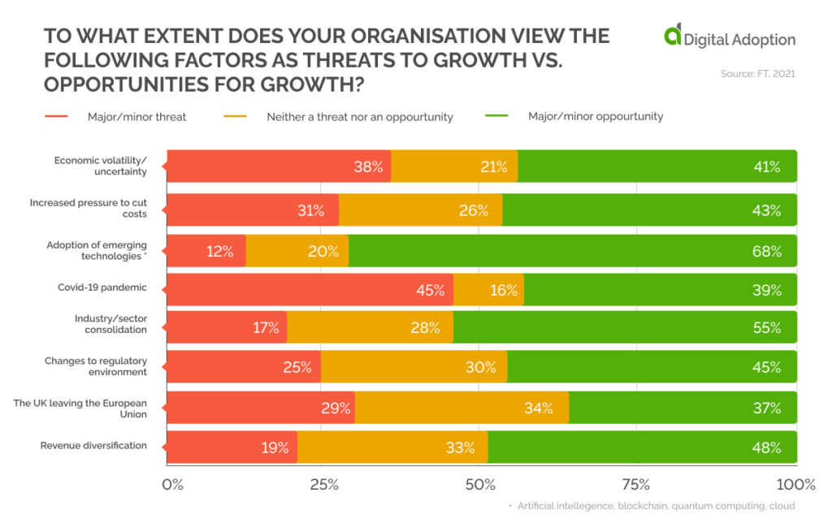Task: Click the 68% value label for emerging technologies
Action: click(767, 251)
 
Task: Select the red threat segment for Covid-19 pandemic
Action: click(309, 290)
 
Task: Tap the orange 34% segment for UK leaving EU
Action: click(461, 408)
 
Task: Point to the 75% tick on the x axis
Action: click(635, 485)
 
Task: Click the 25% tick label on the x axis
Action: click(323, 485)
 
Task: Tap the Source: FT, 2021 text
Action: click(757, 74)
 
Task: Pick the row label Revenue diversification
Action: click(93, 446)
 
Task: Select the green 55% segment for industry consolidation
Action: click(624, 328)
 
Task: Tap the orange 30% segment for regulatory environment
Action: click(414, 367)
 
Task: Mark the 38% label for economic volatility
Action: click(368, 167)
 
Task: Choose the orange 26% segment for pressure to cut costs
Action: click(420, 210)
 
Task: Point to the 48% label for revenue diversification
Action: click(767, 448)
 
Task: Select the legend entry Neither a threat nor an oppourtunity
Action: click(359, 117)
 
